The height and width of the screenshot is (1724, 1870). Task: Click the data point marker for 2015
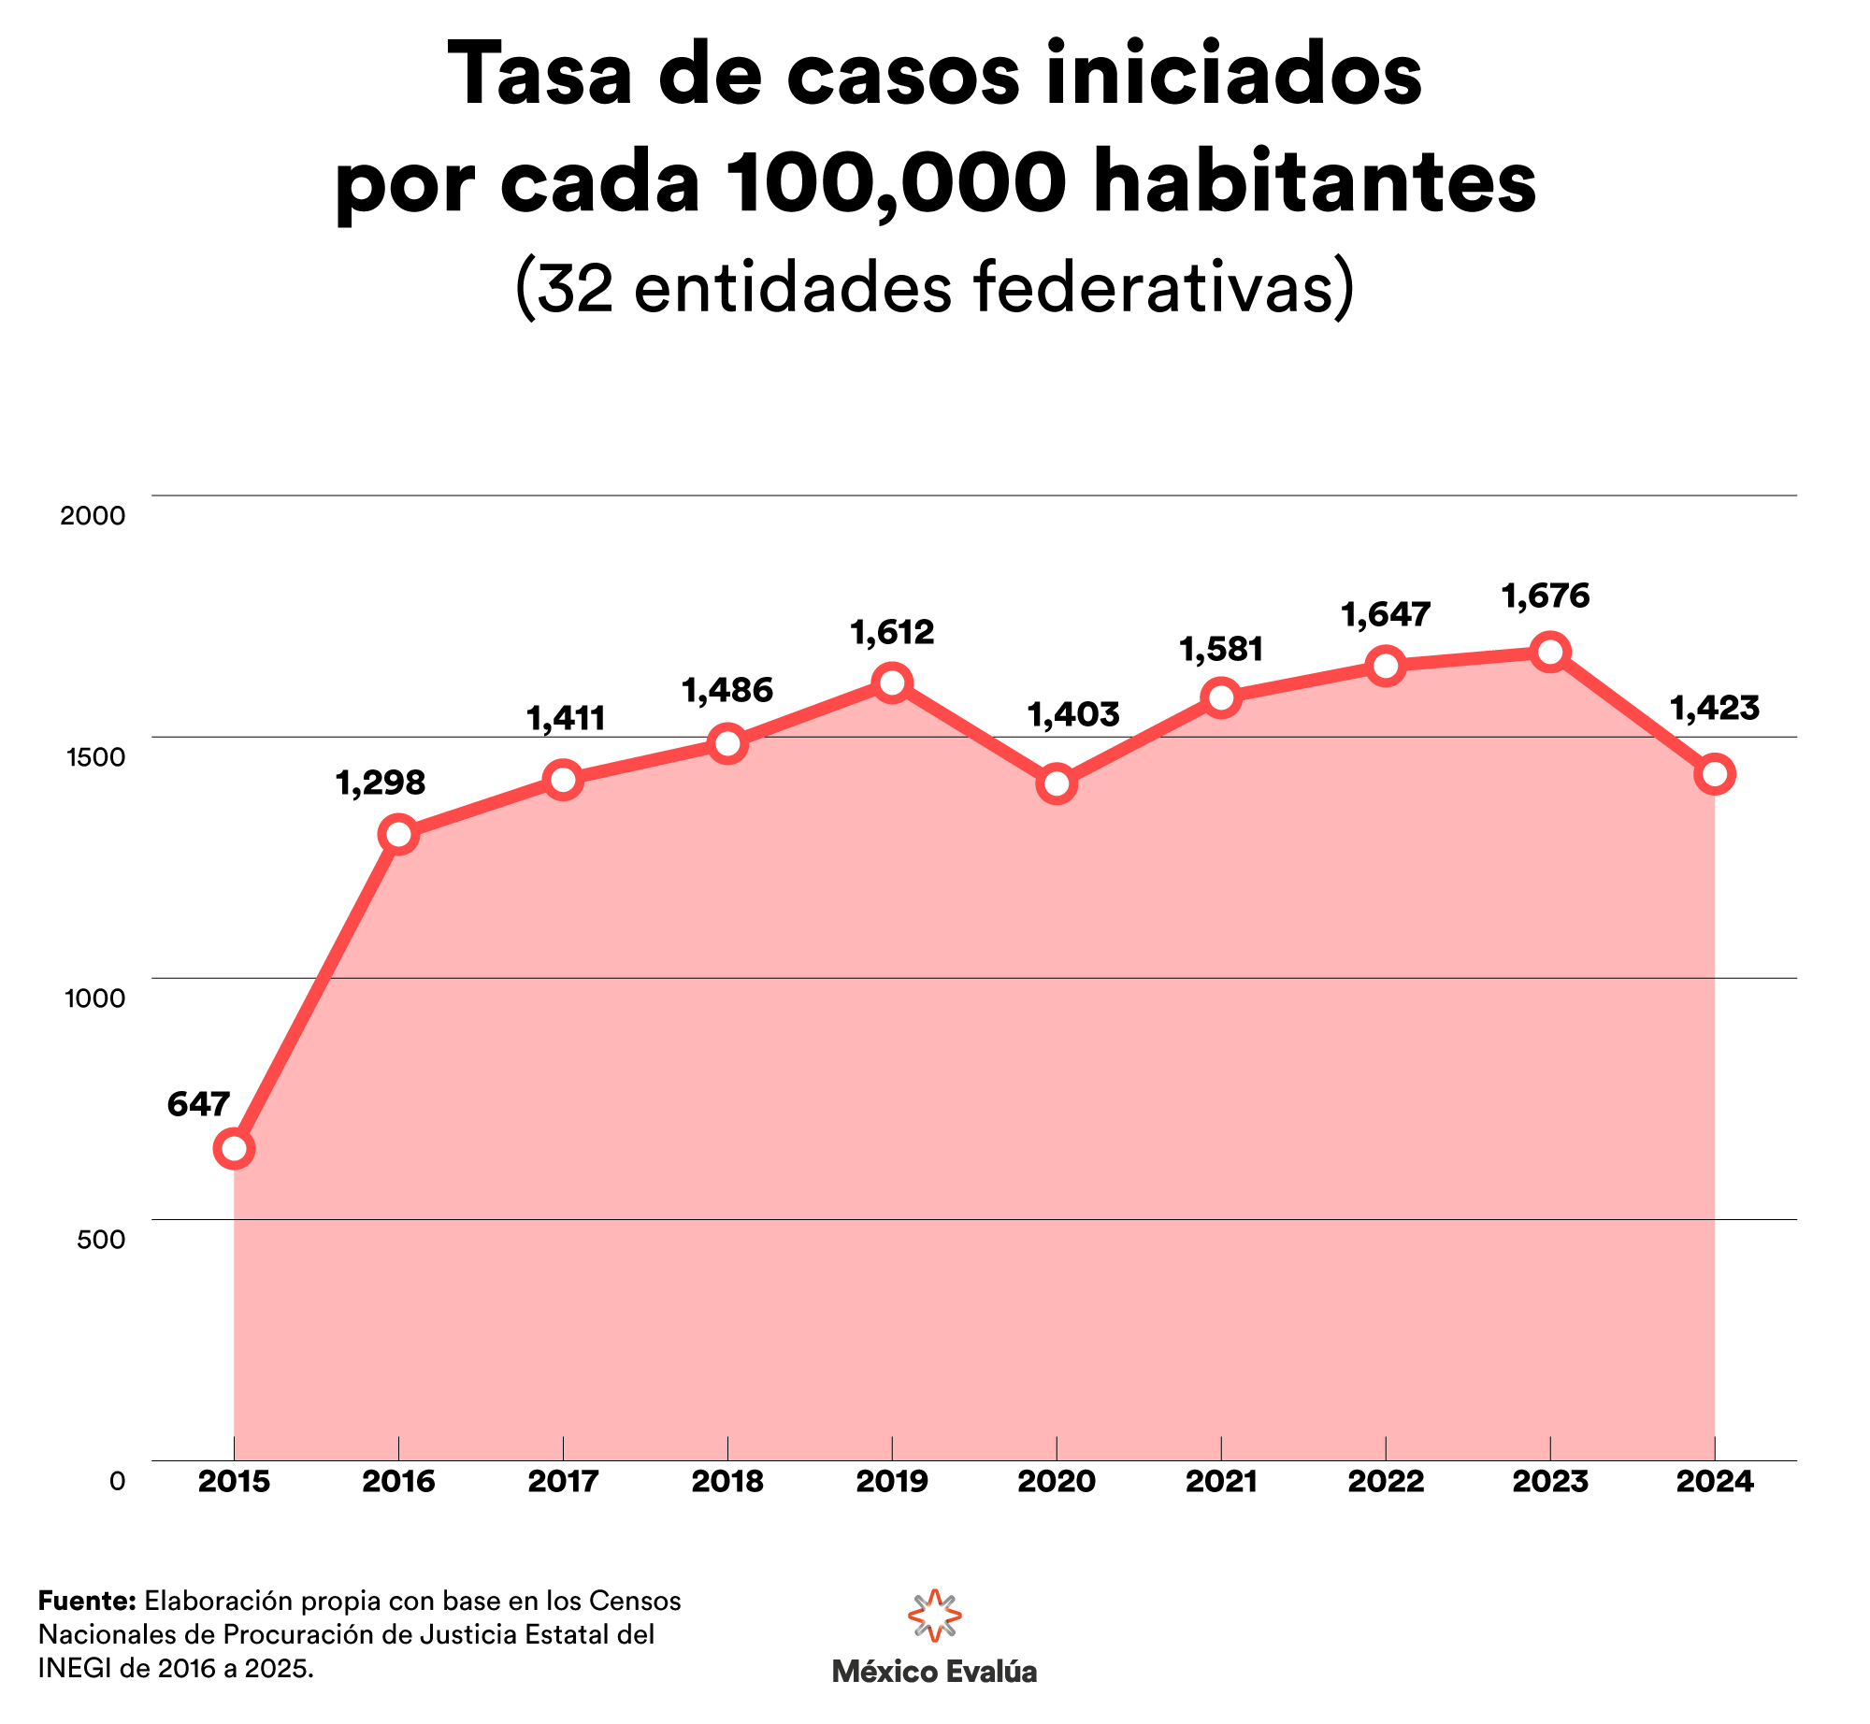pos(234,1148)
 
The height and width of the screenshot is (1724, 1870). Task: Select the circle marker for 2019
pos(892,682)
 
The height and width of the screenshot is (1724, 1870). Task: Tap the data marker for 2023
pos(1550,652)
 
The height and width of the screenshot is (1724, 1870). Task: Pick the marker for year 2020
pos(1057,783)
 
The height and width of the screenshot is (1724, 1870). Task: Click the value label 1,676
pos(1546,596)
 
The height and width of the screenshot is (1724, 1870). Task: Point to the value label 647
pos(198,1104)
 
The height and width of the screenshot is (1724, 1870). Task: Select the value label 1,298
pos(380,783)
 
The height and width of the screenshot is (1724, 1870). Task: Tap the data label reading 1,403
pos(1073,714)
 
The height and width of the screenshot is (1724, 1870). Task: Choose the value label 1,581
pos(1221,649)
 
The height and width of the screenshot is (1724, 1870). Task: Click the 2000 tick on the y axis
pos(93,515)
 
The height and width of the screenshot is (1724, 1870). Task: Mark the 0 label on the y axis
pos(117,1482)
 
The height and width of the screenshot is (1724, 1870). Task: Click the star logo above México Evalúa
pos(935,1614)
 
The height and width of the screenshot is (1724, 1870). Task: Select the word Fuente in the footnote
pos(88,1602)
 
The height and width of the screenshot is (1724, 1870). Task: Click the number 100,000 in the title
pos(896,181)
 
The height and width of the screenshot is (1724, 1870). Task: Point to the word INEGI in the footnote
pos(75,1668)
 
